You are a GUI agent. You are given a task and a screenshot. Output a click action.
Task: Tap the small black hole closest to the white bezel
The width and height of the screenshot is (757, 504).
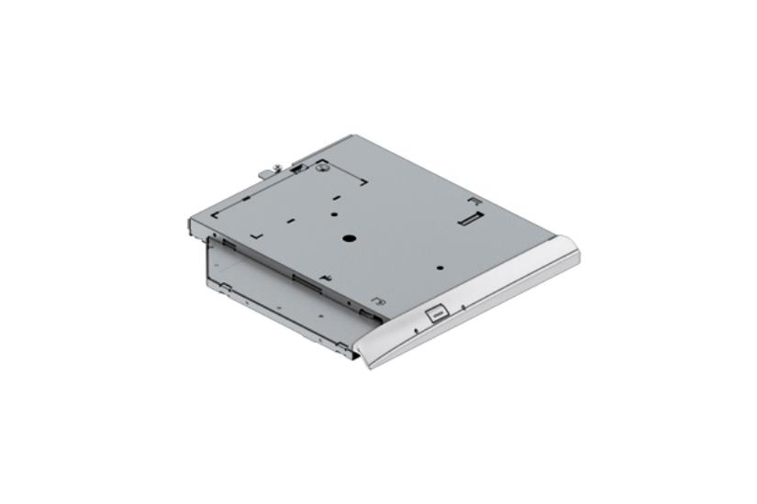point(440,268)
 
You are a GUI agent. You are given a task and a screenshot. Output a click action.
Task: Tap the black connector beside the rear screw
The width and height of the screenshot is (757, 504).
point(297,168)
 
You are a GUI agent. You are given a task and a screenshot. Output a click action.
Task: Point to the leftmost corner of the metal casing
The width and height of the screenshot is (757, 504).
point(190,223)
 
